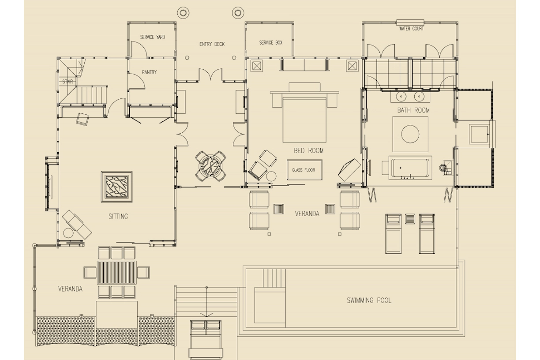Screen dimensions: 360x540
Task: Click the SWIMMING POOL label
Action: pyautogui.click(x=369, y=300)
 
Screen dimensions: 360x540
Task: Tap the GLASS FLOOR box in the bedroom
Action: pyautogui.click(x=304, y=170)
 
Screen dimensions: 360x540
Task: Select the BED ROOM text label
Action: pyautogui.click(x=308, y=150)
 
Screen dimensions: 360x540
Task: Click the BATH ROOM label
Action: pyautogui.click(x=413, y=110)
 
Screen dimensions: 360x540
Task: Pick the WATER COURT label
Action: pyautogui.click(x=411, y=29)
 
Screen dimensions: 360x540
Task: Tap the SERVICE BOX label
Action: pyautogui.click(x=270, y=43)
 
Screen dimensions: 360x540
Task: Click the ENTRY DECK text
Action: pyautogui.click(x=212, y=44)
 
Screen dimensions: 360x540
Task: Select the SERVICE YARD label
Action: pyautogui.click(x=153, y=37)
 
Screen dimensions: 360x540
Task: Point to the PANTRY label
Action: pyautogui.click(x=149, y=72)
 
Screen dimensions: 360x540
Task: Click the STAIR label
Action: pyautogui.click(x=67, y=82)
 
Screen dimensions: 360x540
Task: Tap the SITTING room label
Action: pyautogui.click(x=118, y=216)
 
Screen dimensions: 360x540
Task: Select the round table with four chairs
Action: pyautogui.click(x=211, y=166)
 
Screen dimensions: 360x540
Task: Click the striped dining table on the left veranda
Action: pyautogui.click(x=117, y=272)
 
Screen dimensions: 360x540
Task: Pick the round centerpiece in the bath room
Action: pyautogui.click(x=410, y=134)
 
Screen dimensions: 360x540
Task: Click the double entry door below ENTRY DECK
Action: pyautogui.click(x=211, y=75)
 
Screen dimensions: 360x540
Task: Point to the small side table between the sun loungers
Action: pyautogui.click(x=410, y=218)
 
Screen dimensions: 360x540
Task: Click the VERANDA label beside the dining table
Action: pyautogui.click(x=70, y=289)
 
